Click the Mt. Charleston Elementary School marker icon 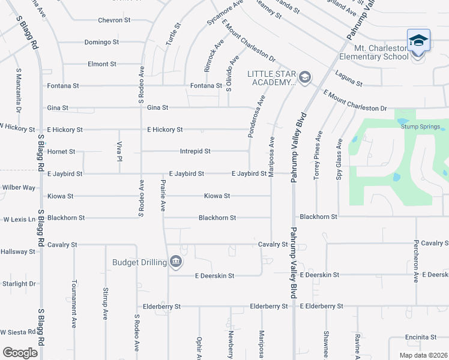point(418,41)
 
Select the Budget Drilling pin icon point(176,261)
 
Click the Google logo point(20,352)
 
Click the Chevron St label point(114,20)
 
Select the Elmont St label point(101,64)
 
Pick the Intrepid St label point(195,151)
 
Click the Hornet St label point(61,152)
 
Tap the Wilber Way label point(19,187)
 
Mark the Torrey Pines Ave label point(316,156)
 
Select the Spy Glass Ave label point(339,158)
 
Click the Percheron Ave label point(415,262)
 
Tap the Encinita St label point(420,337)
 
